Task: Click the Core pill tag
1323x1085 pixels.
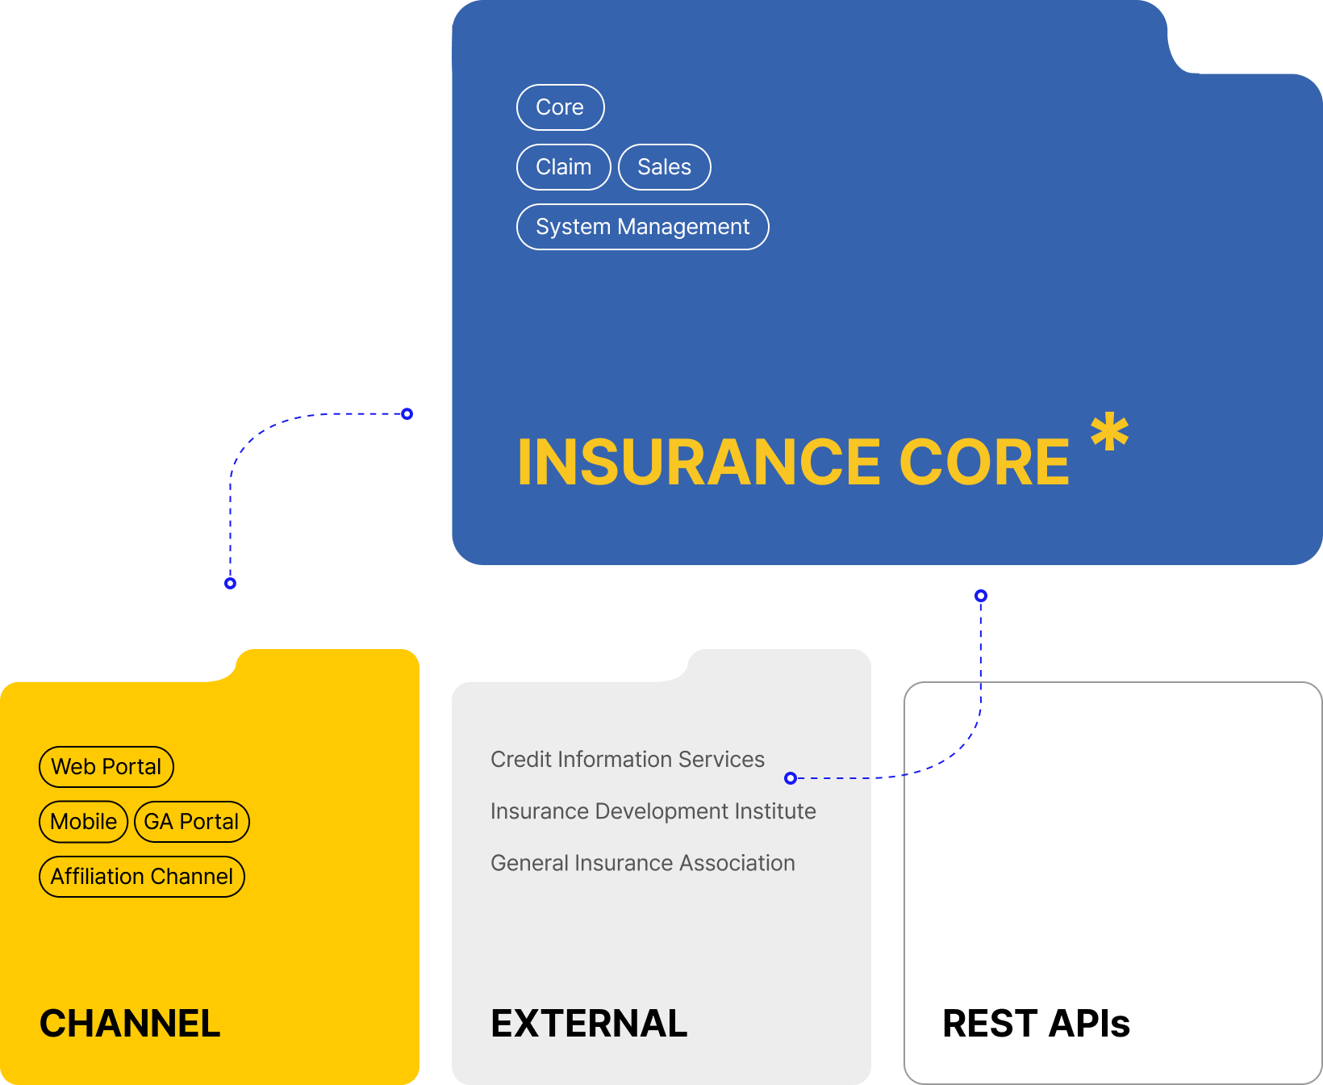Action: coord(560,107)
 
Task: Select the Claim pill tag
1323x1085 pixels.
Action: coord(563,167)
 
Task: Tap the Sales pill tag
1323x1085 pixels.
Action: coord(664,167)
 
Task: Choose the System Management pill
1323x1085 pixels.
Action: coord(642,227)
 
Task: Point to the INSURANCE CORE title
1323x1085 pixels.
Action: coord(793,463)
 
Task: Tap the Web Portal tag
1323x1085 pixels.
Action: coord(106,767)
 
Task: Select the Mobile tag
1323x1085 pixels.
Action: coord(83,822)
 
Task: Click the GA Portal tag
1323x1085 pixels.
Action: coord(191,822)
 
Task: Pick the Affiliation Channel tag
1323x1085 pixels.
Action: coord(141,877)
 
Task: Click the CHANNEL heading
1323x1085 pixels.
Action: coord(130,1024)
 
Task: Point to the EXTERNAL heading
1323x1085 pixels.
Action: coord(589,1024)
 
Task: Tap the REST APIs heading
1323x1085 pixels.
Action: coord(1036,1024)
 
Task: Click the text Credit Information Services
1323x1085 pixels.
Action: coord(627,760)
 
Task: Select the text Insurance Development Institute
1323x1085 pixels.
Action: coord(653,811)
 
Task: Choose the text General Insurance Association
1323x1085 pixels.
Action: coord(642,863)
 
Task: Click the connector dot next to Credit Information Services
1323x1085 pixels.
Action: coord(791,778)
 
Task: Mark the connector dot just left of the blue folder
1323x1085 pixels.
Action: coord(407,414)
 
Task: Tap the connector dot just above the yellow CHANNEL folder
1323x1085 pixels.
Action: coord(231,583)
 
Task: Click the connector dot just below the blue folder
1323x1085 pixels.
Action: coord(981,596)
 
